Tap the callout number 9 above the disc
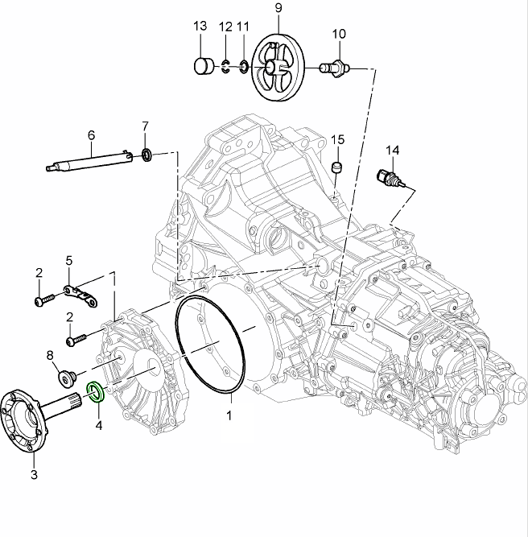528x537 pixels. tap(278, 8)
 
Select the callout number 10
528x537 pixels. tap(339, 34)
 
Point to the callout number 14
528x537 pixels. tap(392, 150)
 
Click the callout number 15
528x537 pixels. tap(337, 139)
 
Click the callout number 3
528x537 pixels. tap(34, 475)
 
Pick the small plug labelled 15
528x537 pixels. tap(337, 167)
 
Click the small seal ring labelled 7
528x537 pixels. tap(147, 153)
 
